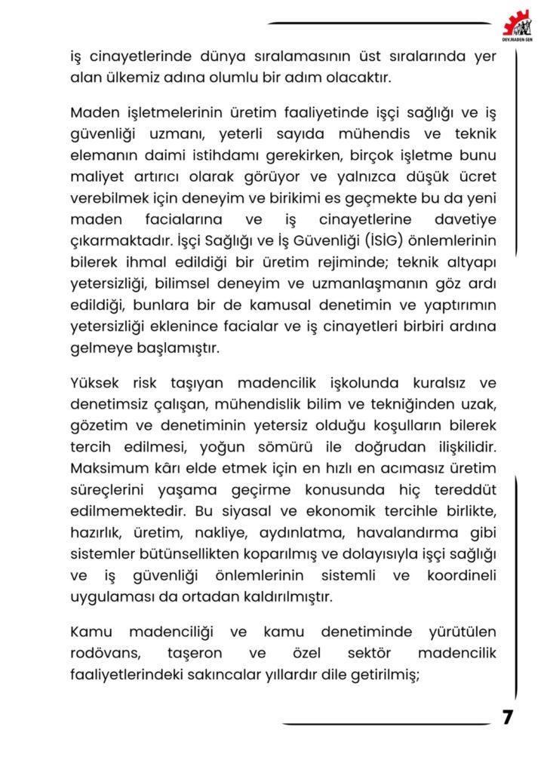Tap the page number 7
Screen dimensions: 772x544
508,717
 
